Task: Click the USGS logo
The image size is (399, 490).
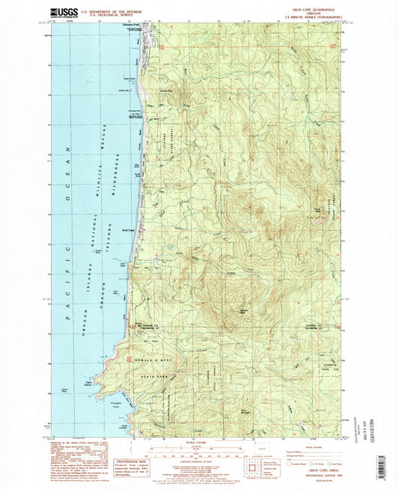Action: point(62,12)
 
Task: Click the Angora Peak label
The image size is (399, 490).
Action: point(222,308)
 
